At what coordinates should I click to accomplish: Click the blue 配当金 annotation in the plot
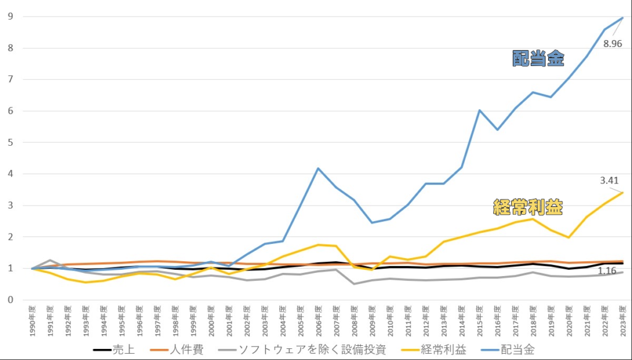point(538,59)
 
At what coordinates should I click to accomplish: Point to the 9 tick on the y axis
point(10,17)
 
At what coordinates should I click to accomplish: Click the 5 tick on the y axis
point(10,143)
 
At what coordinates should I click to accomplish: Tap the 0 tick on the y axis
point(10,300)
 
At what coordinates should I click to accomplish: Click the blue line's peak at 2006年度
point(318,168)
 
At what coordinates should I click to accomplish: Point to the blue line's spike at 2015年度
point(479,111)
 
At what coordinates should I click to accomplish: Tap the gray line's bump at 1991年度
point(50,260)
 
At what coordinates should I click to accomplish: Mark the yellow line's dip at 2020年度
point(568,238)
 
